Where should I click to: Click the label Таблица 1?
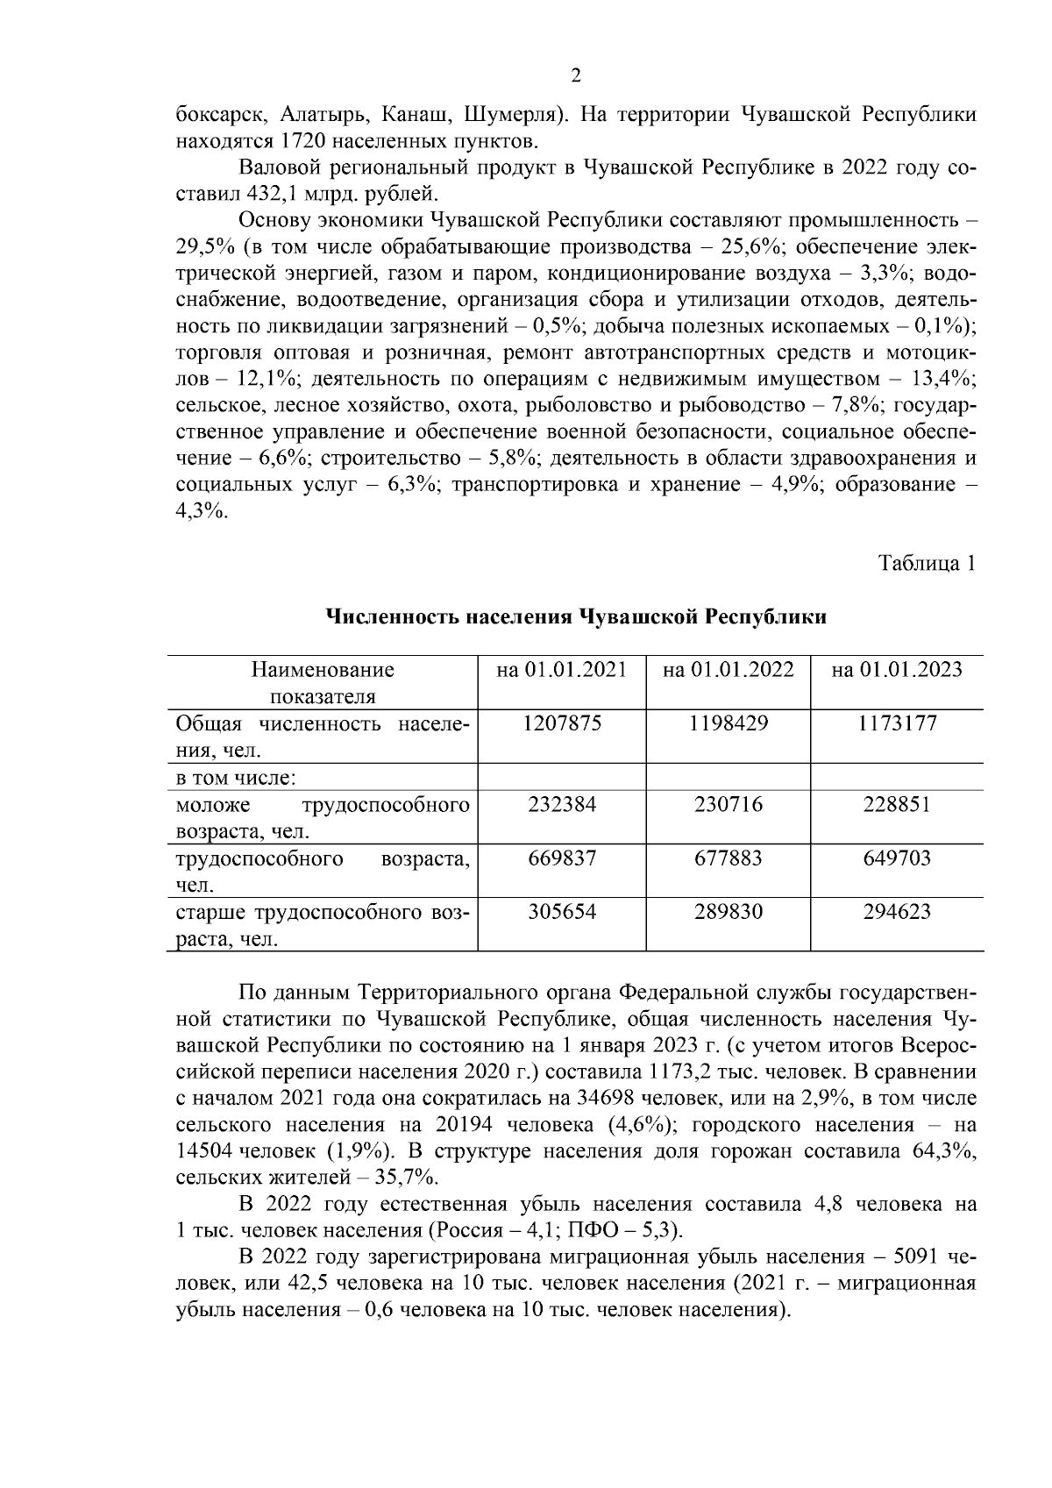point(927,564)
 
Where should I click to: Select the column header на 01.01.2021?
point(561,671)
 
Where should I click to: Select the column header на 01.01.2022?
point(729,671)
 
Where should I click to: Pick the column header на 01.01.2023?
point(896,671)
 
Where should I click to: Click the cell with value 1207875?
point(561,724)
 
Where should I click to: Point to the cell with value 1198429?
point(729,724)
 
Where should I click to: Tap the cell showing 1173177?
point(896,724)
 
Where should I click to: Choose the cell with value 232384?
point(561,805)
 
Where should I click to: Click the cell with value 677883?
point(729,858)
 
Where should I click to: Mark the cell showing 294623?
point(896,912)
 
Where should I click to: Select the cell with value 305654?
point(561,912)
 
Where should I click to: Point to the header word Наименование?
point(323,671)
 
